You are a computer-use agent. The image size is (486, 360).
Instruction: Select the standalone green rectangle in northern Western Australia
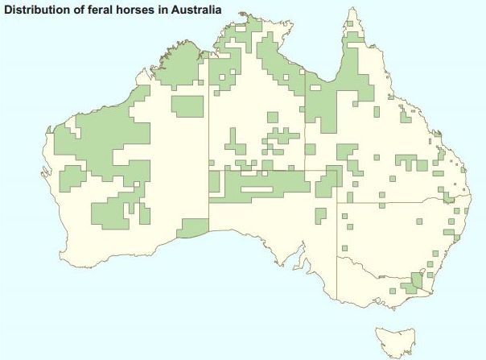187,106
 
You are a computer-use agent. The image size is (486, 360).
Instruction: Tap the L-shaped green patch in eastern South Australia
320,215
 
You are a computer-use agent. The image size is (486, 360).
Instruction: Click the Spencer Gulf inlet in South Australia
299,258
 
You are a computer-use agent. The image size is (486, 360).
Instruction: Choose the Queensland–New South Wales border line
402,202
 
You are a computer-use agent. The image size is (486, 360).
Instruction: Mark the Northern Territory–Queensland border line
305,121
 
